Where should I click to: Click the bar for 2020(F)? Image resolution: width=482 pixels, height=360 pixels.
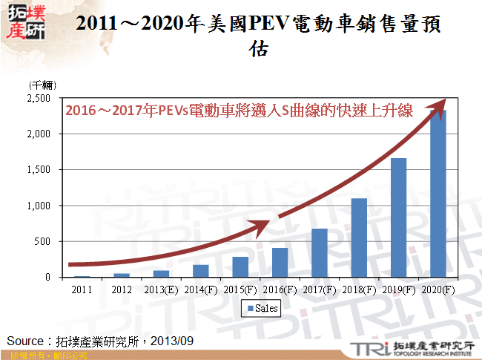click(x=439, y=194)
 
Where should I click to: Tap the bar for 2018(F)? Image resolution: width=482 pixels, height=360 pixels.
click(x=358, y=238)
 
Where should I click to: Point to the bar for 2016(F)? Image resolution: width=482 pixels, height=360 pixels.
click(x=280, y=262)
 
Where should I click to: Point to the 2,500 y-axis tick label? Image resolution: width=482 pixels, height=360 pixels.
click(x=38, y=98)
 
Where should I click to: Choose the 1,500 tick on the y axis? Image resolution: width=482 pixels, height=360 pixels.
click(x=38, y=170)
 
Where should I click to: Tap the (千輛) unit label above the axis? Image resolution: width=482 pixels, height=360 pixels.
click(x=43, y=86)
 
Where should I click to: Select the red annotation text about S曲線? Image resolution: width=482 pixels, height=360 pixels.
click(x=239, y=111)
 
